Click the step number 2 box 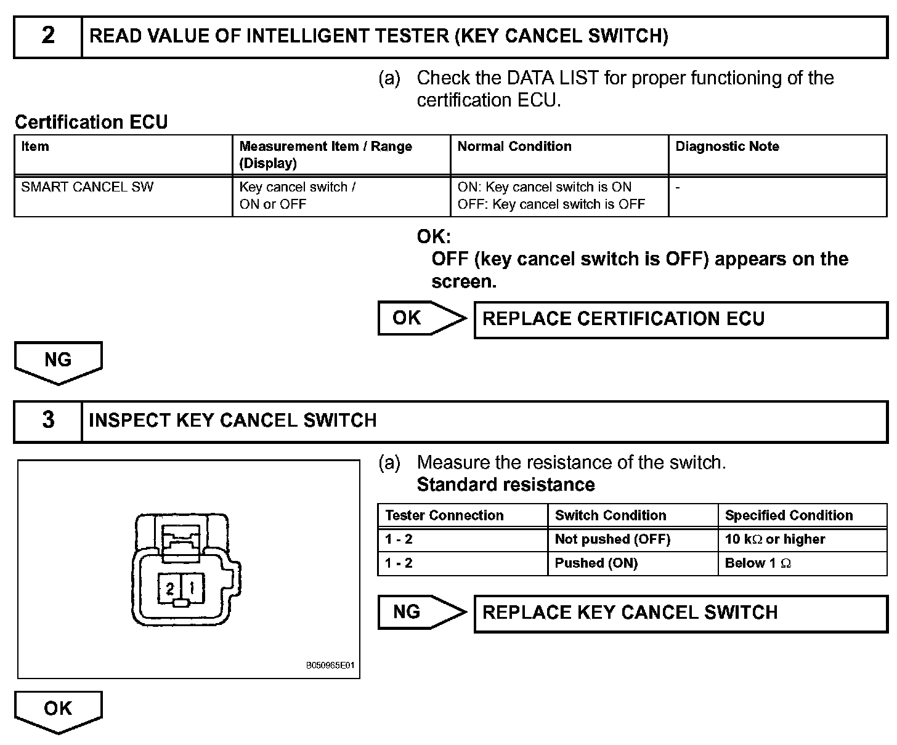[x=48, y=37]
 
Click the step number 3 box [x=48, y=421]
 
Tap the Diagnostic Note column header [x=727, y=147]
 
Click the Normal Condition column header [x=514, y=147]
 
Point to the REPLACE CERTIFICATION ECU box [x=680, y=320]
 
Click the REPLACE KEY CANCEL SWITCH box [x=680, y=613]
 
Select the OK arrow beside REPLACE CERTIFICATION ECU [x=421, y=318]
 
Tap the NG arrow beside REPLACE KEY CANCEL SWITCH [x=421, y=612]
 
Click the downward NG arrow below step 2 [x=58, y=362]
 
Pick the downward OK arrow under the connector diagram [x=58, y=711]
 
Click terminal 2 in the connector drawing [x=169, y=589]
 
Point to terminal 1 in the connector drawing [x=192, y=589]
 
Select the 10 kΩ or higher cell [x=802, y=539]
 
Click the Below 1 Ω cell [x=802, y=563]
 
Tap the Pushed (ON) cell [x=632, y=563]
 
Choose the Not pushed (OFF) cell [x=632, y=539]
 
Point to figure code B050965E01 [x=330, y=666]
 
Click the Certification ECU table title [x=91, y=122]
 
